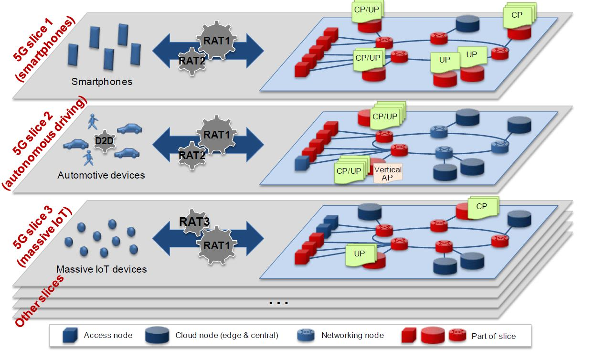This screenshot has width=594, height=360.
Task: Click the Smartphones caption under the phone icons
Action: click(102, 82)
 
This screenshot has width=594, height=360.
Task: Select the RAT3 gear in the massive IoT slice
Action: click(195, 222)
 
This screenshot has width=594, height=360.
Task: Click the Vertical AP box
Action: click(388, 173)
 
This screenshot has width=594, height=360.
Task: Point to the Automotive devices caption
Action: click(101, 175)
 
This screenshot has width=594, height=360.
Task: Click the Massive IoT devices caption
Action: click(101, 269)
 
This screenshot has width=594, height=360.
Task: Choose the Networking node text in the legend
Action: click(352, 335)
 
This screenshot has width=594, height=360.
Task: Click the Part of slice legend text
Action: click(494, 336)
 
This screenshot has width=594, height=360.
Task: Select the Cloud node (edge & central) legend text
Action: click(227, 335)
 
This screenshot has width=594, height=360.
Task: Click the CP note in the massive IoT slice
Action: click(482, 207)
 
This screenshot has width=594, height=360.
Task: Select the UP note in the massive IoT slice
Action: click(360, 254)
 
